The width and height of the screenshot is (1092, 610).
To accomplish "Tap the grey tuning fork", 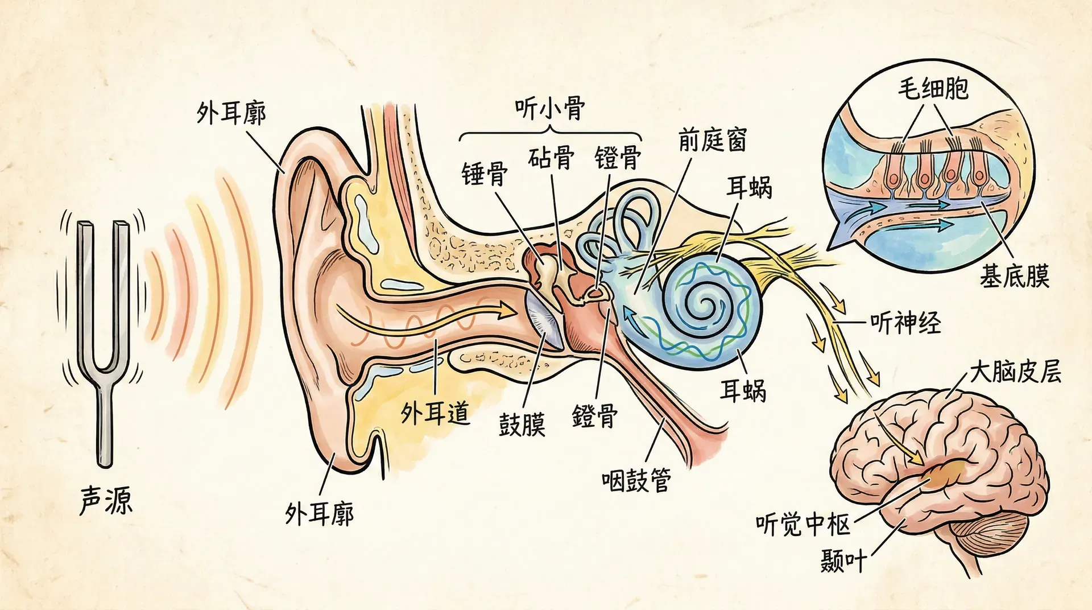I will click(104, 319).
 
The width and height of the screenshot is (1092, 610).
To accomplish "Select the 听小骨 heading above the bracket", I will click(549, 108).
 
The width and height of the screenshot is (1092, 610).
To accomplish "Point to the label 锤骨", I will click(485, 173).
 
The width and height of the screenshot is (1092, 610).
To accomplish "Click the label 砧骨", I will click(551, 158).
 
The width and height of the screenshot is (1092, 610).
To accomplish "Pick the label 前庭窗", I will click(712, 139).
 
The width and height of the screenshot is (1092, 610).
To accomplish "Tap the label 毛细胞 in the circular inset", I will click(933, 89).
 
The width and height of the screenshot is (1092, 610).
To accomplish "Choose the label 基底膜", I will click(1014, 277).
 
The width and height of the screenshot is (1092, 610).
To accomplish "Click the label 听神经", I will click(905, 323).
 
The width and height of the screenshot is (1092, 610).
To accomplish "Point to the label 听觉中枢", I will click(803, 524).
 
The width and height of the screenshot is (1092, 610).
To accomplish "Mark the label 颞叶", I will click(843, 561).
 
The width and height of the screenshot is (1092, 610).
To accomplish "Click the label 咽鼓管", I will click(636, 480).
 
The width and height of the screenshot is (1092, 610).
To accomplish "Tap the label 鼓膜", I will click(522, 424).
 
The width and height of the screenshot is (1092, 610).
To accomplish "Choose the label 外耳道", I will click(435, 413).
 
